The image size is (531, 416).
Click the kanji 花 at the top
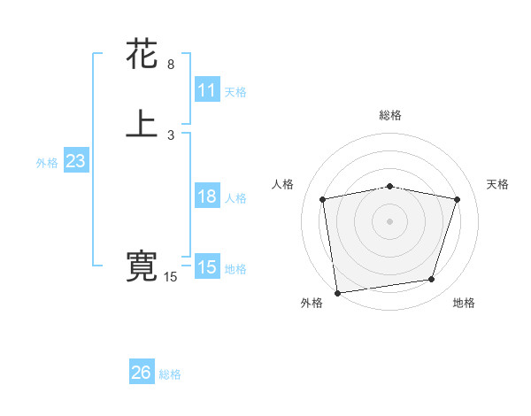(142, 55)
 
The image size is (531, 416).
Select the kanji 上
(142, 125)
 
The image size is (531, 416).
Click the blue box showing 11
(206, 90)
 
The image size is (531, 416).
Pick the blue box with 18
(206, 196)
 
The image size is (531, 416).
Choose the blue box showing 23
(75, 161)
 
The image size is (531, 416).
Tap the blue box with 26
(142, 373)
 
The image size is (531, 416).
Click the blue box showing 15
(206, 267)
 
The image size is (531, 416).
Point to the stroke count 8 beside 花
(171, 65)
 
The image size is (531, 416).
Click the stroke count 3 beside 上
(171, 135)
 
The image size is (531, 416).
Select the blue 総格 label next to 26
(170, 374)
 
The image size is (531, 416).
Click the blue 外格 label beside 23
(47, 163)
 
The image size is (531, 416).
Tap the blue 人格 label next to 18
(236, 198)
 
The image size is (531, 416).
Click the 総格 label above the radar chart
(390, 115)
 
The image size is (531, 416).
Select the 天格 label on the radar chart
(498, 184)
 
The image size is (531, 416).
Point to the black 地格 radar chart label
(464, 304)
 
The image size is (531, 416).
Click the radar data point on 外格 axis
(337, 291)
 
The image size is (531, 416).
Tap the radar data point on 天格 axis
(458, 199)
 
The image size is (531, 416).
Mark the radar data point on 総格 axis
(390, 186)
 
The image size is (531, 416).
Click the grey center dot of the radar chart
(390, 220)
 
